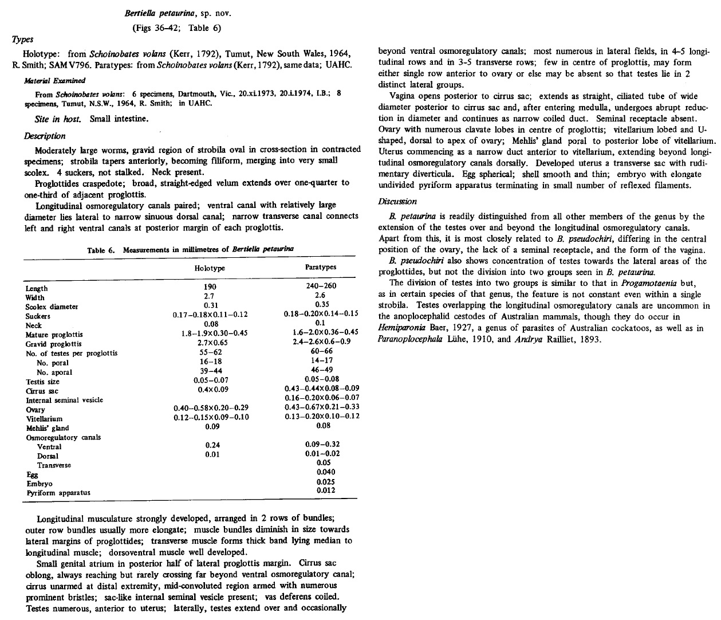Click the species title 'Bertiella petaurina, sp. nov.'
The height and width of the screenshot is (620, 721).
[176, 13]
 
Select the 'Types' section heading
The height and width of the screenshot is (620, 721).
[23, 39]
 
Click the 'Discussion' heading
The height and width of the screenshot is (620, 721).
[397, 202]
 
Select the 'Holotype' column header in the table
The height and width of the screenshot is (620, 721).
[210, 268]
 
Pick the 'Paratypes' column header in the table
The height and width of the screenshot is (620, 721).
[321, 267]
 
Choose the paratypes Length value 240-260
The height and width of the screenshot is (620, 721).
[321, 287]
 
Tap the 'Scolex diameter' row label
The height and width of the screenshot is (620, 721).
[52, 307]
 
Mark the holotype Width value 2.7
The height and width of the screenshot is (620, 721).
[210, 297]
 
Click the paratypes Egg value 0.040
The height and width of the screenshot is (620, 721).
[326, 472]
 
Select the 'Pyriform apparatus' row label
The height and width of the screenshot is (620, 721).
[58, 492]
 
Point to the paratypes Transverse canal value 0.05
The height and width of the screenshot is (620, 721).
[324, 462]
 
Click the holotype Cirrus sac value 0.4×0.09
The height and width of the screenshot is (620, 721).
[210, 390]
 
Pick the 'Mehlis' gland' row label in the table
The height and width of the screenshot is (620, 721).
[47, 428]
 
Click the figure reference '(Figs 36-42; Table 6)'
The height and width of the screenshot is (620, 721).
[176, 28]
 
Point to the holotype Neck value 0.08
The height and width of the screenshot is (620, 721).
[210, 324]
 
